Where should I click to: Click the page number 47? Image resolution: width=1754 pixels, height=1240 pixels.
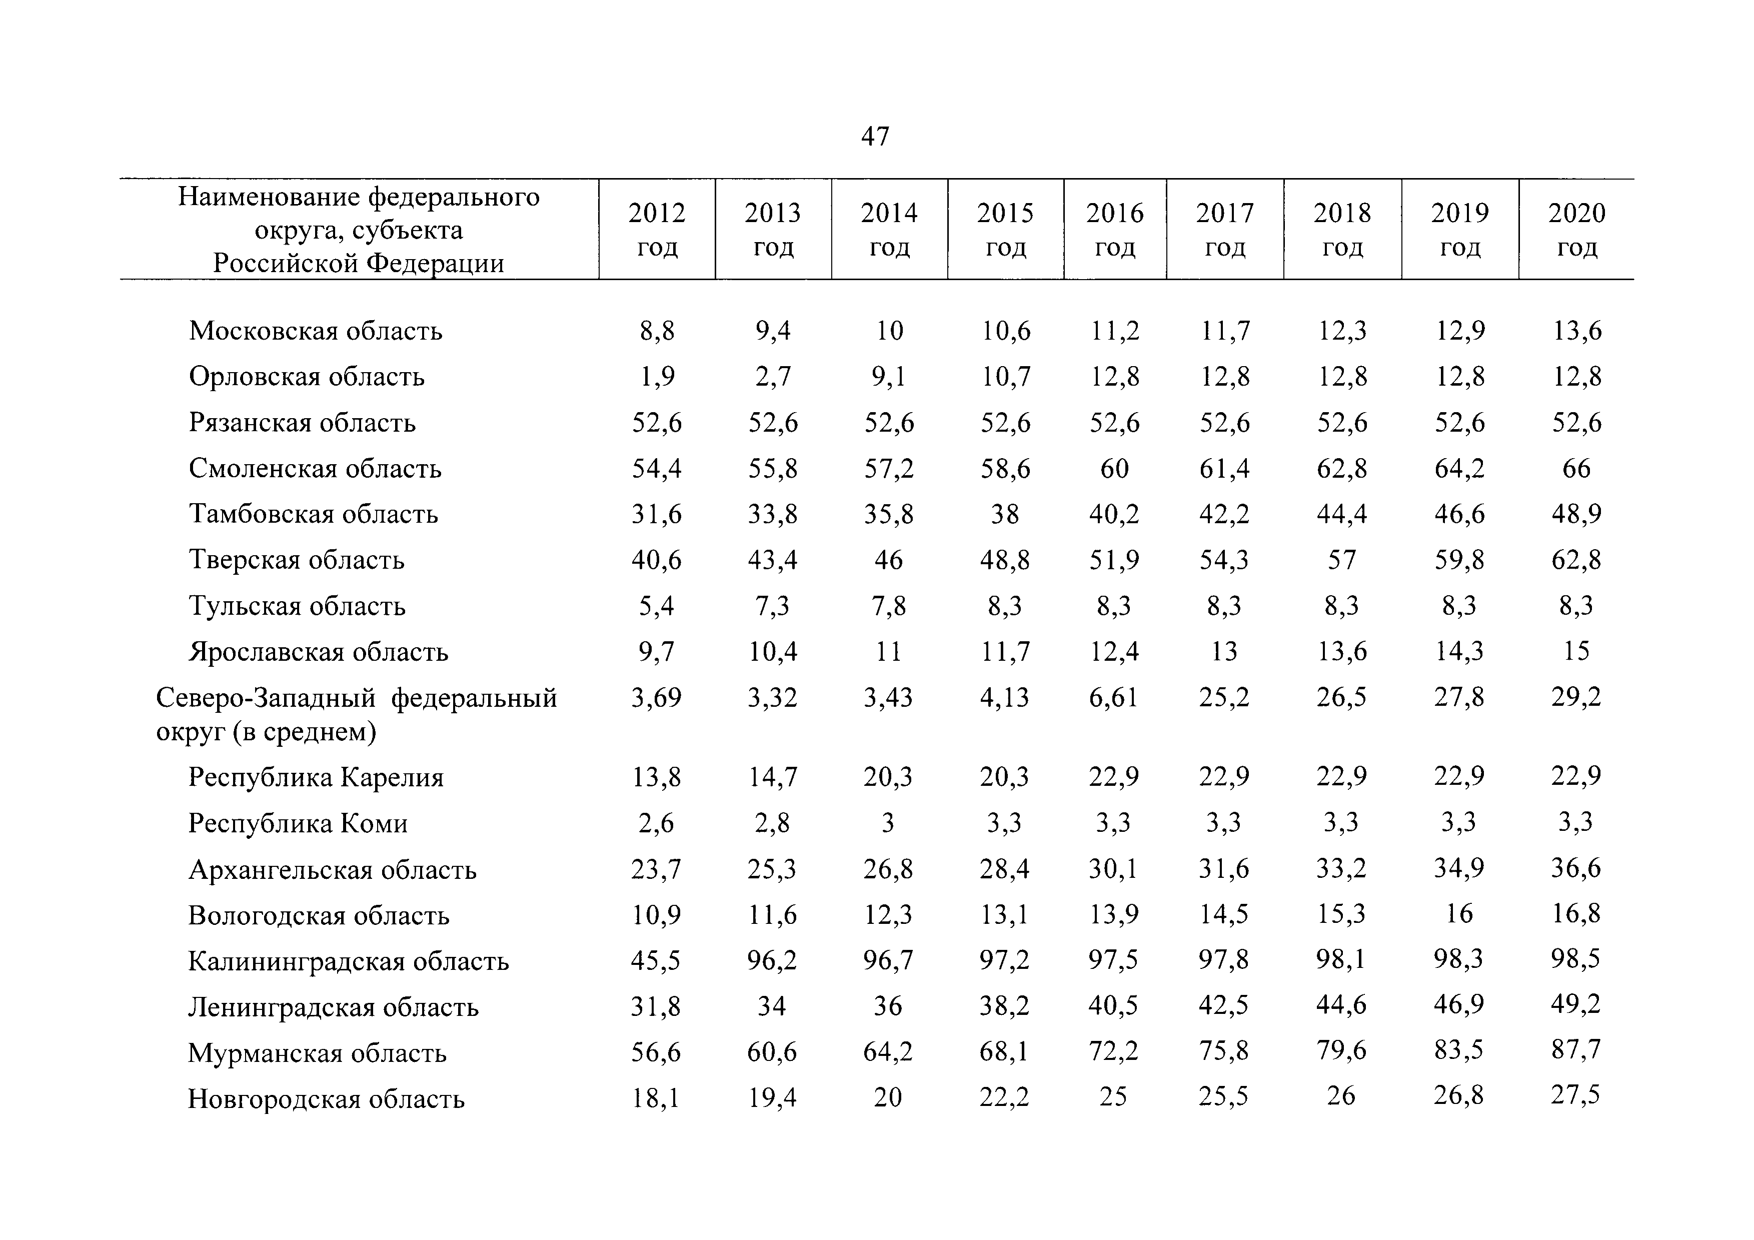click(x=875, y=136)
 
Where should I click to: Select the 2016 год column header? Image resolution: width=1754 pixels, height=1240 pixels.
click(x=1115, y=229)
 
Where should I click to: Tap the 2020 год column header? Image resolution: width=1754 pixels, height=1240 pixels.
click(x=1577, y=229)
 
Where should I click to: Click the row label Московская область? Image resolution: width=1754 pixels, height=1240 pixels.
click(x=316, y=331)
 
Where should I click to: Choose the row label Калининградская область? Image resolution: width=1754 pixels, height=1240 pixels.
click(x=349, y=961)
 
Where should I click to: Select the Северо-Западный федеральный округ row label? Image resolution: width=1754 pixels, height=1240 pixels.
click(x=356, y=714)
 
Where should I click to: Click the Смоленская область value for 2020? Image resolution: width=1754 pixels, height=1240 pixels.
click(x=1576, y=468)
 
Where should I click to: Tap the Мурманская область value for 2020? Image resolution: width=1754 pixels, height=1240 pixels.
click(x=1575, y=1050)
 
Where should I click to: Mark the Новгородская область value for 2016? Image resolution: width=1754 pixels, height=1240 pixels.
click(x=1113, y=1097)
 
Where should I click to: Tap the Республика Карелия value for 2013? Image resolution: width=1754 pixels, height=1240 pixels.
click(x=772, y=777)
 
